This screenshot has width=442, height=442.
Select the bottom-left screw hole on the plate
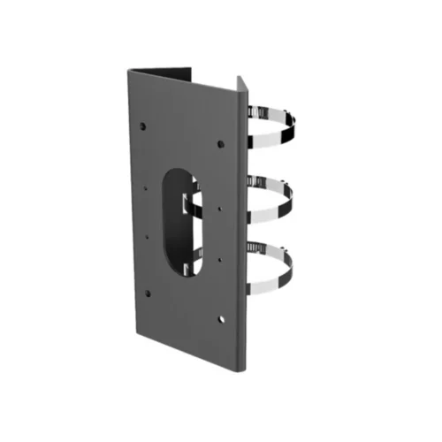(147, 293)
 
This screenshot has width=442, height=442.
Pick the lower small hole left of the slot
(146, 237)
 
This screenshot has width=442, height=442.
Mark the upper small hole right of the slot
(218, 209)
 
